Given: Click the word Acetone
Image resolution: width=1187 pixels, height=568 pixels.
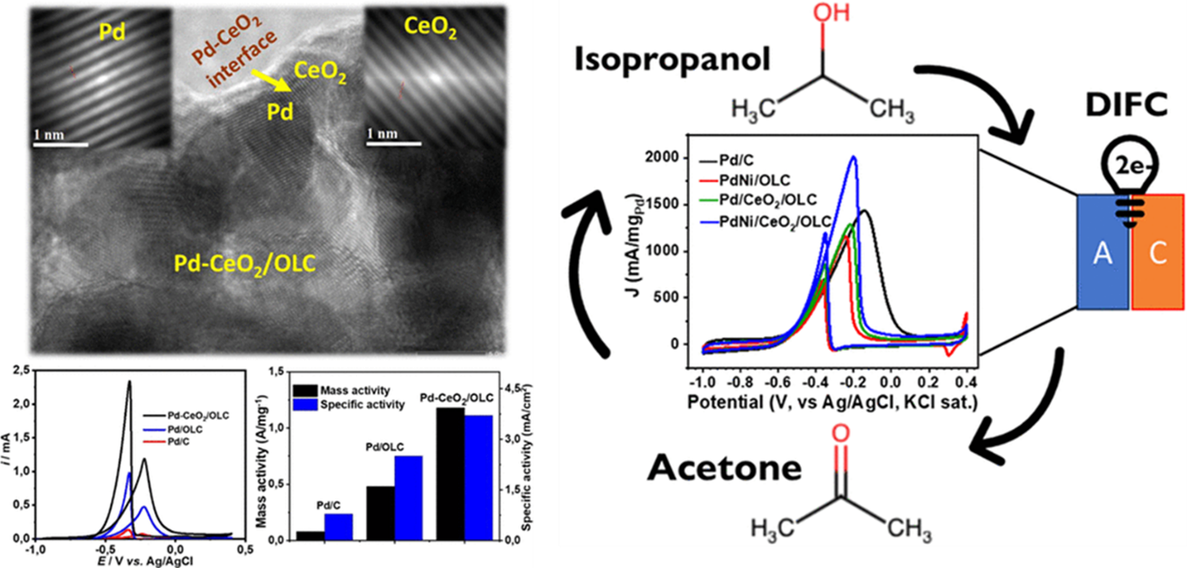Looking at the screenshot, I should [x=724, y=468].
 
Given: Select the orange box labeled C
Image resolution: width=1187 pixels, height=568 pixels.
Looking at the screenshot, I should [x=1158, y=251].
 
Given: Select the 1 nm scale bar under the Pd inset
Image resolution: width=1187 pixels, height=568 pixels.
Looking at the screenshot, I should [x=60, y=144].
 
